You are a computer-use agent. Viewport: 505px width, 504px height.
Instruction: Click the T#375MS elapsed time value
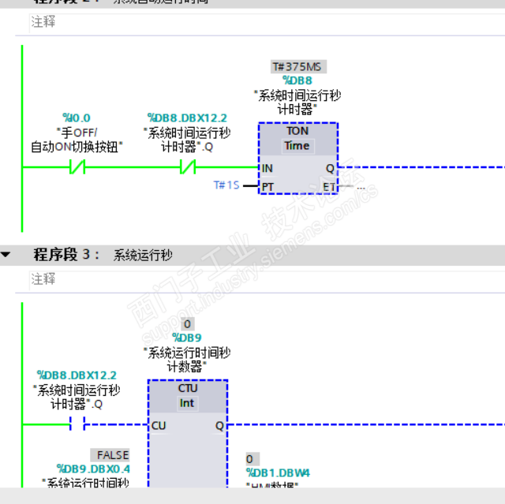(297, 67)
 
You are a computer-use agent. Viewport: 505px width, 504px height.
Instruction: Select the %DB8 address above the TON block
(297, 80)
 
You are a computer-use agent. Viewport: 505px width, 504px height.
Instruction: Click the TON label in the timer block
(297, 131)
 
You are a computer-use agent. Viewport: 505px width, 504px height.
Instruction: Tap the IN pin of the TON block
(267, 168)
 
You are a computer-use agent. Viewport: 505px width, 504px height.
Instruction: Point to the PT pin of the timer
(267, 186)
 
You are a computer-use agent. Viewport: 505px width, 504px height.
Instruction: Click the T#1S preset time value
(226, 185)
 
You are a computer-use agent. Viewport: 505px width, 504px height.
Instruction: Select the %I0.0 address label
(77, 118)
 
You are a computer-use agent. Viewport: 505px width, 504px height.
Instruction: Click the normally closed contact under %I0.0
(77, 167)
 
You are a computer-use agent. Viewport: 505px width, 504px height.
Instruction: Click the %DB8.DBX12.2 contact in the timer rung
(187, 167)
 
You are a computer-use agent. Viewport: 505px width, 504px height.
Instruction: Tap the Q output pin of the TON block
(330, 168)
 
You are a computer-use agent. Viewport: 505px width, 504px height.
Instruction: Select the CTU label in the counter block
(188, 388)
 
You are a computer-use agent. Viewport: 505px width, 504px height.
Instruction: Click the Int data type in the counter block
(188, 403)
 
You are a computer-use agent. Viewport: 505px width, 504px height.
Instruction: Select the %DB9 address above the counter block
(187, 338)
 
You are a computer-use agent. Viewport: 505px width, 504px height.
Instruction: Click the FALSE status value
(111, 455)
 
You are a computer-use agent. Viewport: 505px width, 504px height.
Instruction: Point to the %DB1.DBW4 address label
(278, 472)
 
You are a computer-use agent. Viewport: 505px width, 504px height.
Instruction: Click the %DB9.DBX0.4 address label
(94, 469)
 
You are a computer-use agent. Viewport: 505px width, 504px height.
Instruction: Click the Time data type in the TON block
(297, 146)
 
